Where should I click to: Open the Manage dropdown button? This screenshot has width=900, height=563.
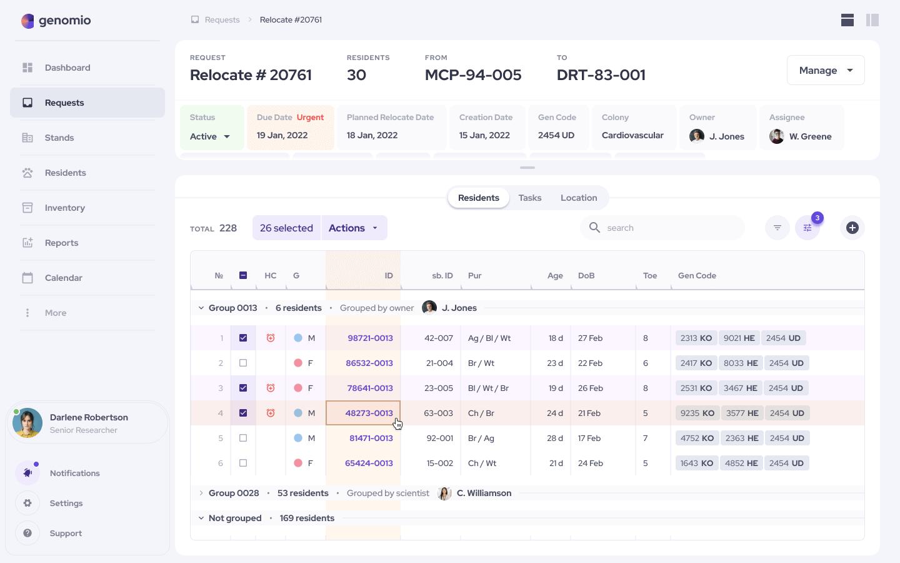[825, 70]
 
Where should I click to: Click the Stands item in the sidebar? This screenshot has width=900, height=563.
[59, 138]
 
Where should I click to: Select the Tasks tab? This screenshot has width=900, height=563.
[530, 198]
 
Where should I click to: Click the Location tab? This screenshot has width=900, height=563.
[579, 198]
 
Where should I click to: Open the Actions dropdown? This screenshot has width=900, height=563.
[354, 228]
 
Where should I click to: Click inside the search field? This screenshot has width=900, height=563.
[669, 228]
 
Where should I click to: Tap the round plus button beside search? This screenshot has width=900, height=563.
[852, 228]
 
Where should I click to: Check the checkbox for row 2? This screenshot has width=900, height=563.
[243, 363]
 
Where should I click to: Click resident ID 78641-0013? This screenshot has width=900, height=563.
[370, 388]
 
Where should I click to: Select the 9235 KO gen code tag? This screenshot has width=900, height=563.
[697, 413]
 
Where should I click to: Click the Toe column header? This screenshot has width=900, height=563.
[650, 275]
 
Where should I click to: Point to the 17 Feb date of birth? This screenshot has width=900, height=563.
[589, 438]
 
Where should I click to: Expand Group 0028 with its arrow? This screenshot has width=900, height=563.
[201, 493]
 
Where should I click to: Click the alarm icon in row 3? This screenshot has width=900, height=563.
[271, 388]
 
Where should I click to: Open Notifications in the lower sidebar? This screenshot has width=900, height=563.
[74, 473]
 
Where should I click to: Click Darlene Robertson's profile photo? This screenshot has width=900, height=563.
[27, 423]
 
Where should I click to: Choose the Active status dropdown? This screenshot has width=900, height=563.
[211, 136]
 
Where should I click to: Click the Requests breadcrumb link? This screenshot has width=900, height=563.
[222, 20]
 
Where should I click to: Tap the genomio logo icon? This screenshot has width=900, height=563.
[27, 21]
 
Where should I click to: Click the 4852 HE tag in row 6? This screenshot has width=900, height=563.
[741, 463]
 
